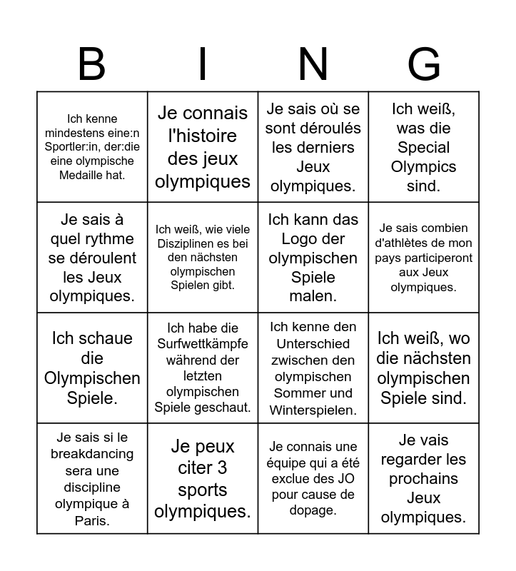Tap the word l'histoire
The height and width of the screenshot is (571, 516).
pos(203,136)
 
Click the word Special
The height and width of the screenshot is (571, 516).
pos(424,148)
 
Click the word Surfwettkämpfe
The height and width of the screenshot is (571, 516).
pos(203,345)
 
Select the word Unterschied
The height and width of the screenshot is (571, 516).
pos(313,343)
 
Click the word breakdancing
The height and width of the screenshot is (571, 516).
pos(92,454)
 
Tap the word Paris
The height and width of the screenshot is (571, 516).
pos(92,520)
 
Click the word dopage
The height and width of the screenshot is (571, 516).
pos(313,510)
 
